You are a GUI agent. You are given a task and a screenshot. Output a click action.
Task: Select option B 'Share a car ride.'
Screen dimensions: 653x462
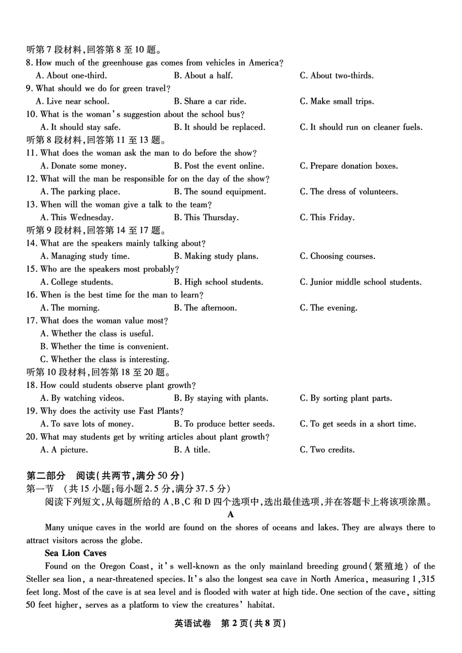[210, 102]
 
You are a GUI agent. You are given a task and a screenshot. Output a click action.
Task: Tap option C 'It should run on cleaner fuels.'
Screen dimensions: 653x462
[361, 127]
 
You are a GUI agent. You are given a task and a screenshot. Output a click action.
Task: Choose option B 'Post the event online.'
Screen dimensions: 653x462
[219, 166]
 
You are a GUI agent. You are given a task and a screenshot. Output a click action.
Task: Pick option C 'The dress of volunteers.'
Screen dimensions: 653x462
[348, 192]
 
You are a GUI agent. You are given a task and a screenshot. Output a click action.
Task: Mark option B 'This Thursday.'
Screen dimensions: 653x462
[206, 218]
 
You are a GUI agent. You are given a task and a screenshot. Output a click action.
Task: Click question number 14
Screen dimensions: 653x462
[31, 244]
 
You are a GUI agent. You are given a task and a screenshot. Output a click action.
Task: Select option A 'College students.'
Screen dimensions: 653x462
[76, 282]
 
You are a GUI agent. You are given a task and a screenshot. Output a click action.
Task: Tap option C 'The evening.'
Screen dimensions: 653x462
[328, 308]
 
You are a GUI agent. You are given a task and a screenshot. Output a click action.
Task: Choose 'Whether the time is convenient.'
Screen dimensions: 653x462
[105, 347]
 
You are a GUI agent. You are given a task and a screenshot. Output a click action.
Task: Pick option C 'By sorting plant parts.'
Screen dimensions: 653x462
[345, 398]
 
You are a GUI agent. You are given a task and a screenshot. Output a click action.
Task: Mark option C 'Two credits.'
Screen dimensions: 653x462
[327, 450]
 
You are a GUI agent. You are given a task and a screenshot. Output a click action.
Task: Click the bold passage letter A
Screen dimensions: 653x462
[231, 514]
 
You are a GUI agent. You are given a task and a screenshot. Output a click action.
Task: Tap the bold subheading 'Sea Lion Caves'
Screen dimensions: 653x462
[75, 553]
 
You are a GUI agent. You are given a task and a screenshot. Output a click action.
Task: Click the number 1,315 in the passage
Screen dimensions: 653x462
[423, 579]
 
